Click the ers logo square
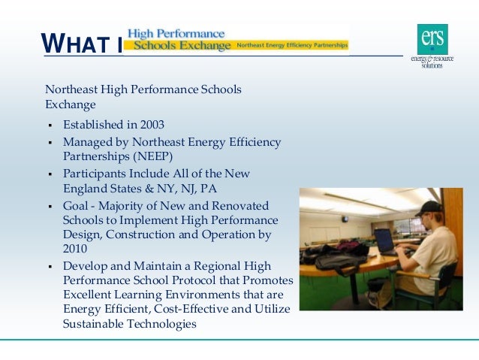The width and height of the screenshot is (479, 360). pos(432,38)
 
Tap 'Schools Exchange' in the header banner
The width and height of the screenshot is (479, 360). pos(178,46)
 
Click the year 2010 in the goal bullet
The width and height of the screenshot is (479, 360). pos(75,249)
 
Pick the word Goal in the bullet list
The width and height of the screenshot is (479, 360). pos(77,205)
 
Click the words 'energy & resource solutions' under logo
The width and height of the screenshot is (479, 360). pos(432,61)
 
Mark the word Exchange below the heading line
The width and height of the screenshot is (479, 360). pos(70,104)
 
